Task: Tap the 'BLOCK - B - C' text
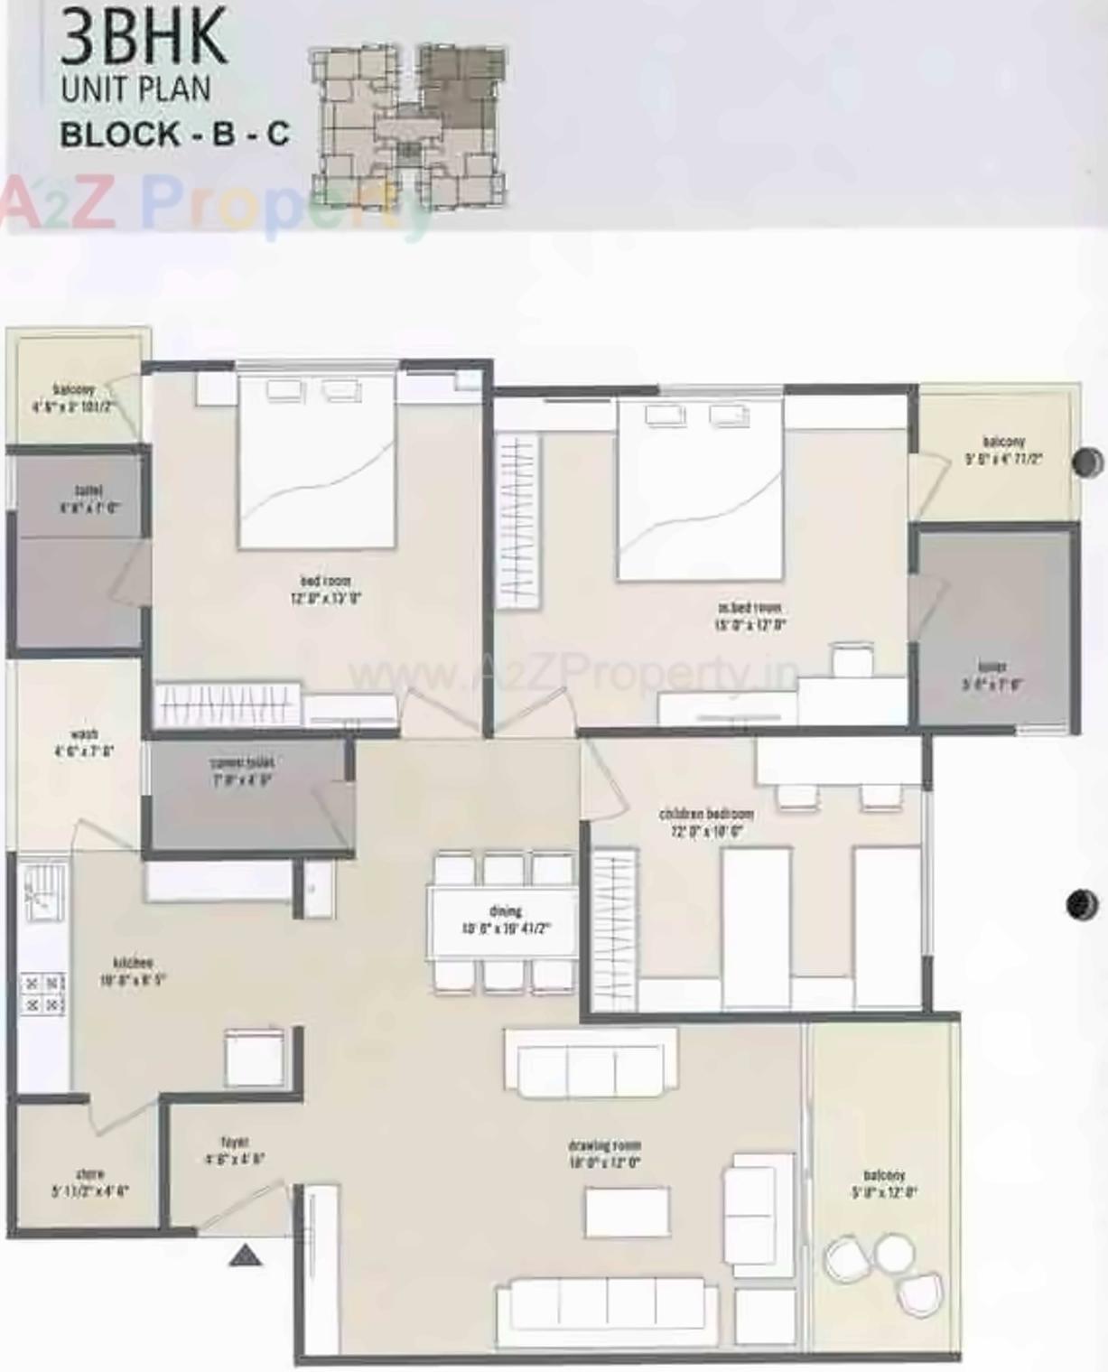coord(174,134)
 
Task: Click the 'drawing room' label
coord(605,1145)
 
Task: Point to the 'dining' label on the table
coord(506,911)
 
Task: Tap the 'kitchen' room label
coord(132,963)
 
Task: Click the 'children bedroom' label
coord(706,815)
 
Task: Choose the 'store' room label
coord(89,1174)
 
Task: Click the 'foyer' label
coord(234,1142)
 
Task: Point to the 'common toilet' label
coord(241,763)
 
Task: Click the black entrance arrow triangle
coord(245,1255)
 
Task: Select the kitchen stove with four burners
coord(43,994)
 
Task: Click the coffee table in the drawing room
coord(628,1212)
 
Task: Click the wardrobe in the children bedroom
coord(613,930)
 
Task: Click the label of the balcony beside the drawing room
coord(884,1175)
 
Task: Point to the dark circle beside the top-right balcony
coord(1086,462)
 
